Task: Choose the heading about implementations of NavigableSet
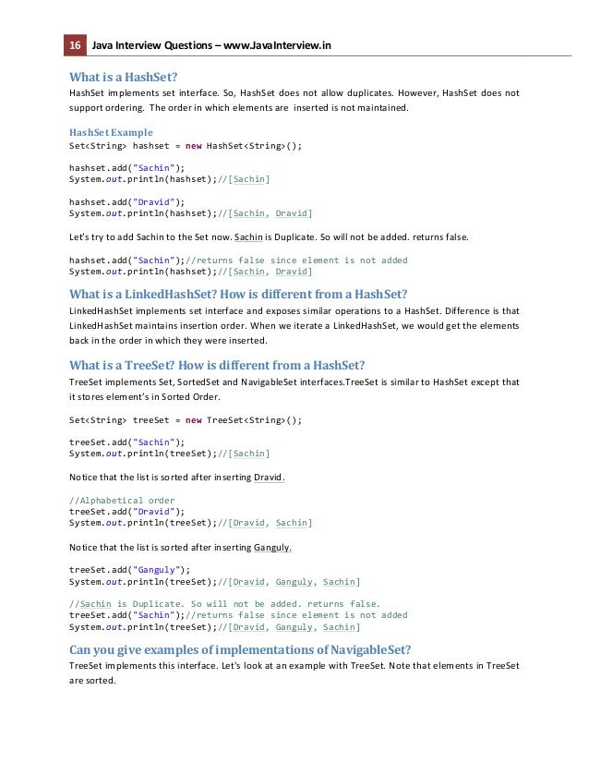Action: coord(240,648)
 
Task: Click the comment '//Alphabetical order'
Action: coord(122,501)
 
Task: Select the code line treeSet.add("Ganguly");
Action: coord(129,570)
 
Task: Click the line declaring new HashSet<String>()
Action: coord(186,146)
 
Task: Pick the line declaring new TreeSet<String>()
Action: coord(186,419)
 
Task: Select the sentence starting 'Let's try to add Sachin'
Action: coord(269,237)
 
